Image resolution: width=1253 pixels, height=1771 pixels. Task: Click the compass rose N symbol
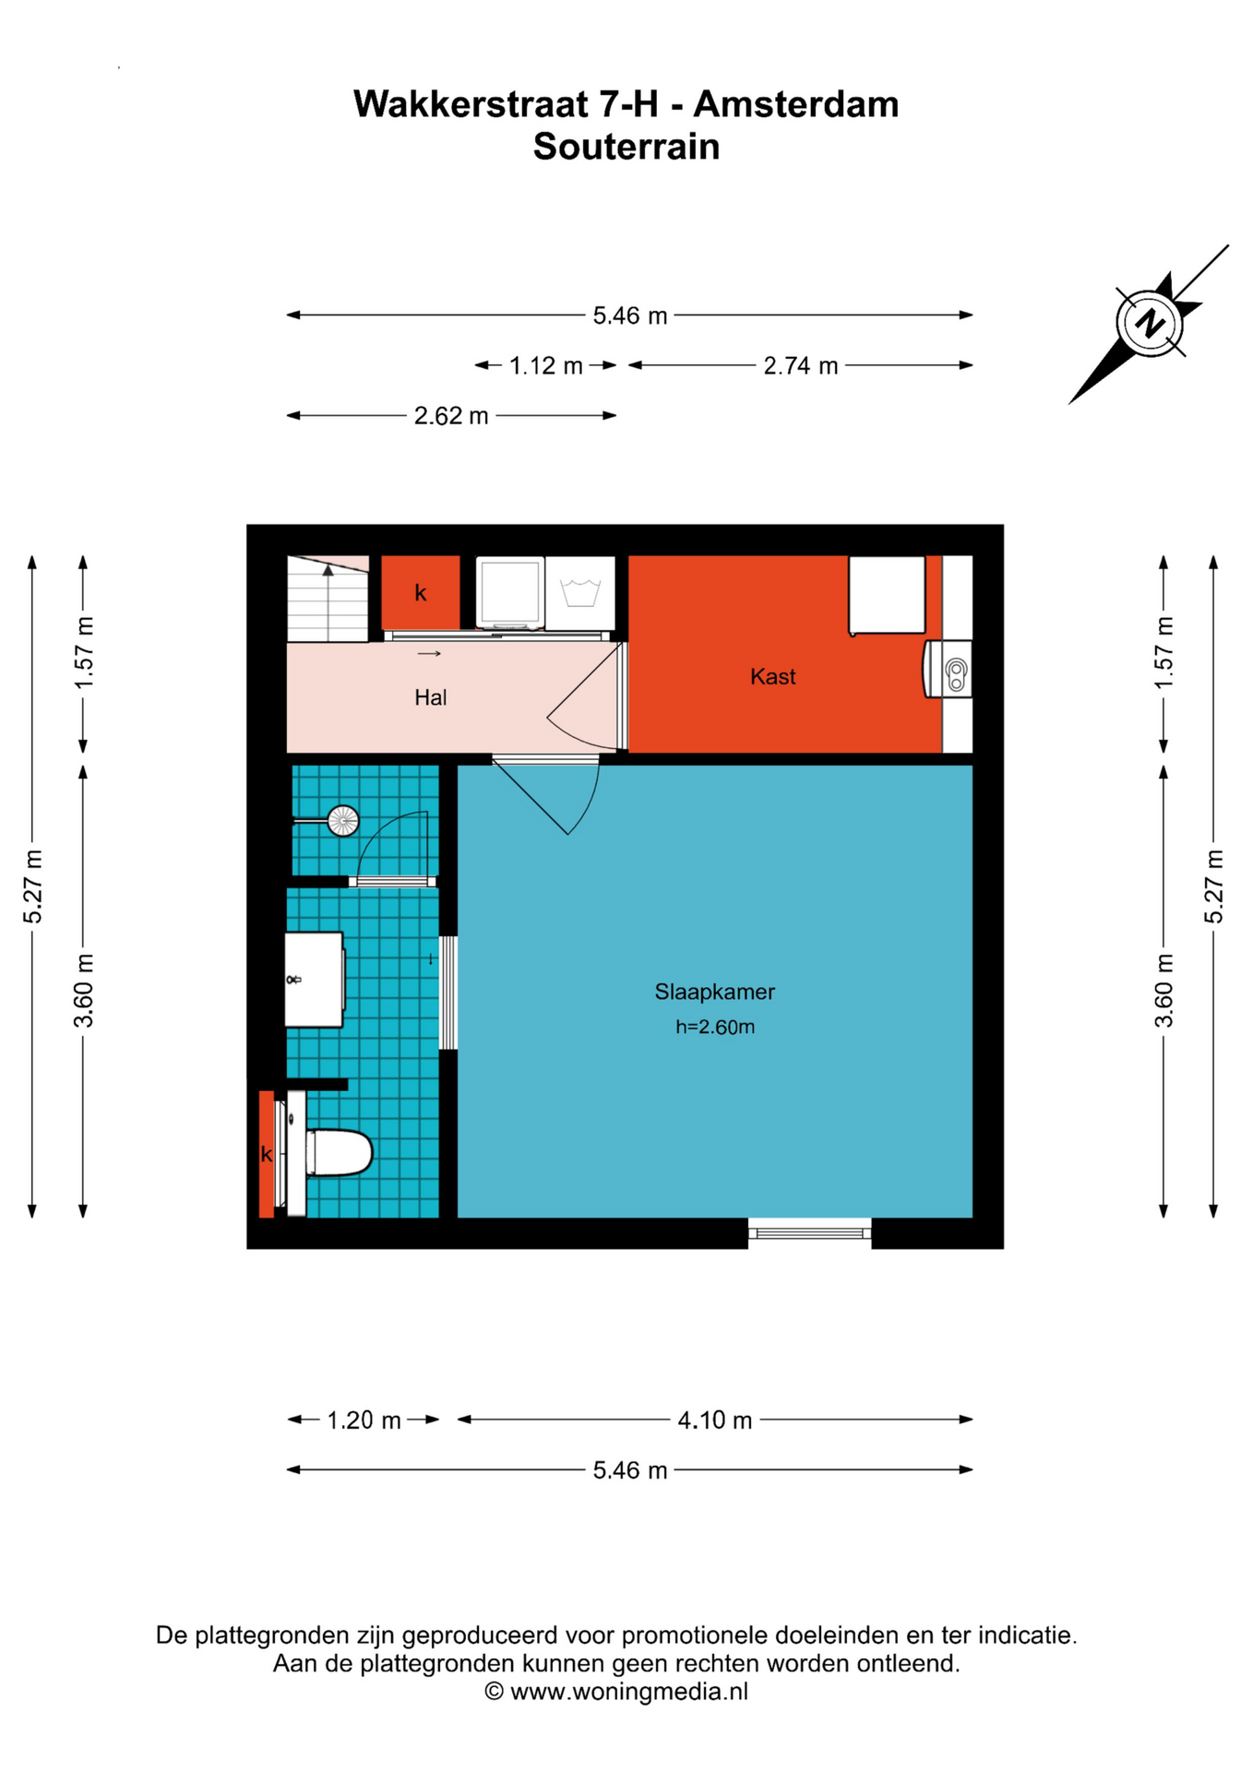click(1150, 323)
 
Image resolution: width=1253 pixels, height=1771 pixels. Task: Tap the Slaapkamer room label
click(714, 992)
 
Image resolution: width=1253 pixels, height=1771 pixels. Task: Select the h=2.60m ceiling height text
click(715, 1027)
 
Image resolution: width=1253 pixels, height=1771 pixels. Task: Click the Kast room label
click(772, 677)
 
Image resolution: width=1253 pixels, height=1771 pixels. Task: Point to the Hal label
click(430, 697)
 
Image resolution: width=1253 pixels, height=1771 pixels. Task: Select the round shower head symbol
click(343, 820)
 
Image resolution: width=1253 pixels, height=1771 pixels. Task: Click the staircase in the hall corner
click(328, 599)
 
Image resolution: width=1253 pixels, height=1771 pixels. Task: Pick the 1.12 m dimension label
click(546, 366)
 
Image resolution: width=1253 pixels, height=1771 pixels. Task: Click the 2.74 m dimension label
click(800, 366)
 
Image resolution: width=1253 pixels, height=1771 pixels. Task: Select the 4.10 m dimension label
click(714, 1420)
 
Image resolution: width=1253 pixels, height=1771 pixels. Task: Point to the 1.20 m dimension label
click(364, 1420)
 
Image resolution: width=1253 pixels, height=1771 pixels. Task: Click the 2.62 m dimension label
click(450, 416)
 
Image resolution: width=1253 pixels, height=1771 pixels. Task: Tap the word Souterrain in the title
click(626, 147)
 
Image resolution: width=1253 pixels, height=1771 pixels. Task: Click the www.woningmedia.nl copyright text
click(616, 1691)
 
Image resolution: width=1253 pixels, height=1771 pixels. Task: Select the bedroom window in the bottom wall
click(809, 1231)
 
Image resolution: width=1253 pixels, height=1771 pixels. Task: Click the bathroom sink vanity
click(315, 980)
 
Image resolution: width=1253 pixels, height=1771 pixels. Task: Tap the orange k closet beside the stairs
click(421, 593)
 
